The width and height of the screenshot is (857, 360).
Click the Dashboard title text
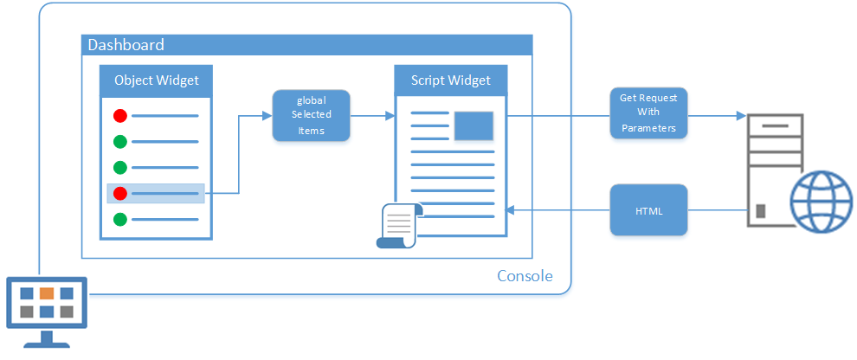click(126, 45)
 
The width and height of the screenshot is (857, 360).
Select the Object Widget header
click(156, 80)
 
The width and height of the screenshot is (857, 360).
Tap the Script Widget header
click(451, 80)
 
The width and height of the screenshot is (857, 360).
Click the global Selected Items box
click(311, 115)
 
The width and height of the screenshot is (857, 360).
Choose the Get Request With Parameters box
click(648, 112)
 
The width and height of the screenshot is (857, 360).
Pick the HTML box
click(648, 209)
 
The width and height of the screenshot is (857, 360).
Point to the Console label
click(525, 276)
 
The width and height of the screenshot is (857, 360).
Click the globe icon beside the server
click(821, 202)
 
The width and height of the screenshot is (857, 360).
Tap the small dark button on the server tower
click(760, 211)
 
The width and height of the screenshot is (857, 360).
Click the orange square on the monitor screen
click(47, 293)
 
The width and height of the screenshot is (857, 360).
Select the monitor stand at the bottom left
click(47, 339)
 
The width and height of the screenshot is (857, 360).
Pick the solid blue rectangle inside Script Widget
click(474, 125)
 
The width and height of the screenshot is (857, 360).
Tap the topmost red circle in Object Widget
click(120, 116)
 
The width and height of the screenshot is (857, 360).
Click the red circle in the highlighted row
click(120, 193)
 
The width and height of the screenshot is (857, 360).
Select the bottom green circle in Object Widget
click(120, 220)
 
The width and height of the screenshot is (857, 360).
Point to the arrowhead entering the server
click(741, 116)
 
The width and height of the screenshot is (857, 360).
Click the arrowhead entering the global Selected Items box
click(267, 116)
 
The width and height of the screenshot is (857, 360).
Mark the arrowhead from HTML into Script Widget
click(511, 209)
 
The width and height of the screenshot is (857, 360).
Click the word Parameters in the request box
click(648, 128)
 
